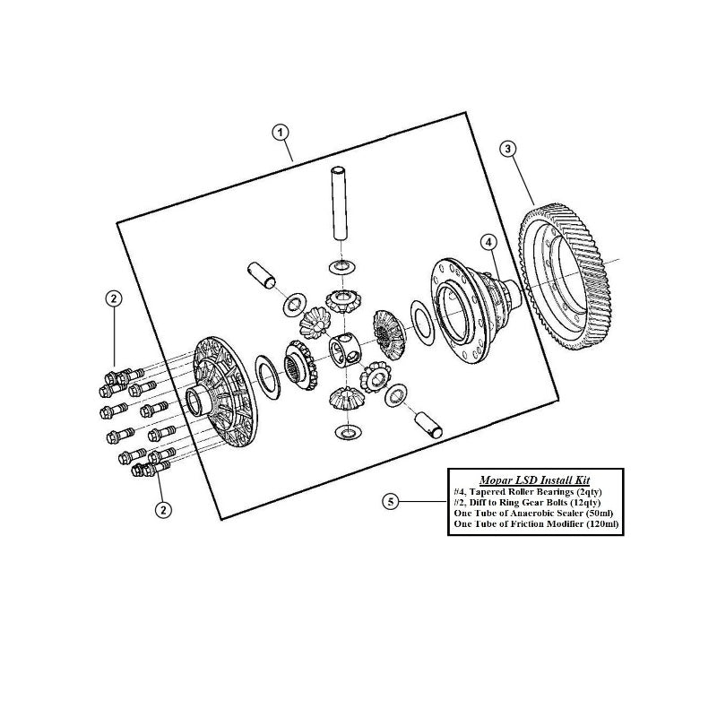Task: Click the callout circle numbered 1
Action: coord(281,133)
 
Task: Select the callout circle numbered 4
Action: coord(488,241)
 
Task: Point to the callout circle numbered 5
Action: coord(390,502)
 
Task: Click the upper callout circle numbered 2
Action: coord(114,298)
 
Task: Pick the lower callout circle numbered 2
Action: coord(163,510)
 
